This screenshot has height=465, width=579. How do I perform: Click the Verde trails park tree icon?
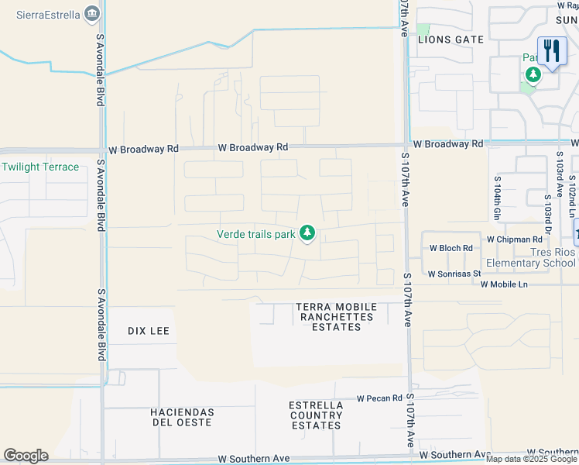tap(307, 232)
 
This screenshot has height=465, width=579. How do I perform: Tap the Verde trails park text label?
tap(255, 233)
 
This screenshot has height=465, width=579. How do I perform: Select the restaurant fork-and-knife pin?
tap(552, 52)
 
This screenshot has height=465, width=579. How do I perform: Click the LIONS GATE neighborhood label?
tap(451, 39)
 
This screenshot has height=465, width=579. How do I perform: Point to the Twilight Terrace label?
tap(40, 167)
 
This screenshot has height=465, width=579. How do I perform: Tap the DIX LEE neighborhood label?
tap(148, 331)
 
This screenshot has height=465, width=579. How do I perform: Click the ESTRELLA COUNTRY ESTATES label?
tap(316, 415)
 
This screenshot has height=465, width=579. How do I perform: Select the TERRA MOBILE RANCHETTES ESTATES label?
tap(335, 317)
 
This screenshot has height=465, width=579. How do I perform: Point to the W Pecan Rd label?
tap(379, 398)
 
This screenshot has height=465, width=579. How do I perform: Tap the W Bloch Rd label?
tap(451, 248)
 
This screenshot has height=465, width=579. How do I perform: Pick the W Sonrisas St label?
tap(454, 274)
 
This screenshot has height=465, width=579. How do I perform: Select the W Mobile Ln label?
tap(504, 284)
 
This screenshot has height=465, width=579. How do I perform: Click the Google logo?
tap(26, 456)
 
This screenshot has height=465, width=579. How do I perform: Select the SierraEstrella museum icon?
tap(92, 13)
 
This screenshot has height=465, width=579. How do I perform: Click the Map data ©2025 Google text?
tap(531, 459)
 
